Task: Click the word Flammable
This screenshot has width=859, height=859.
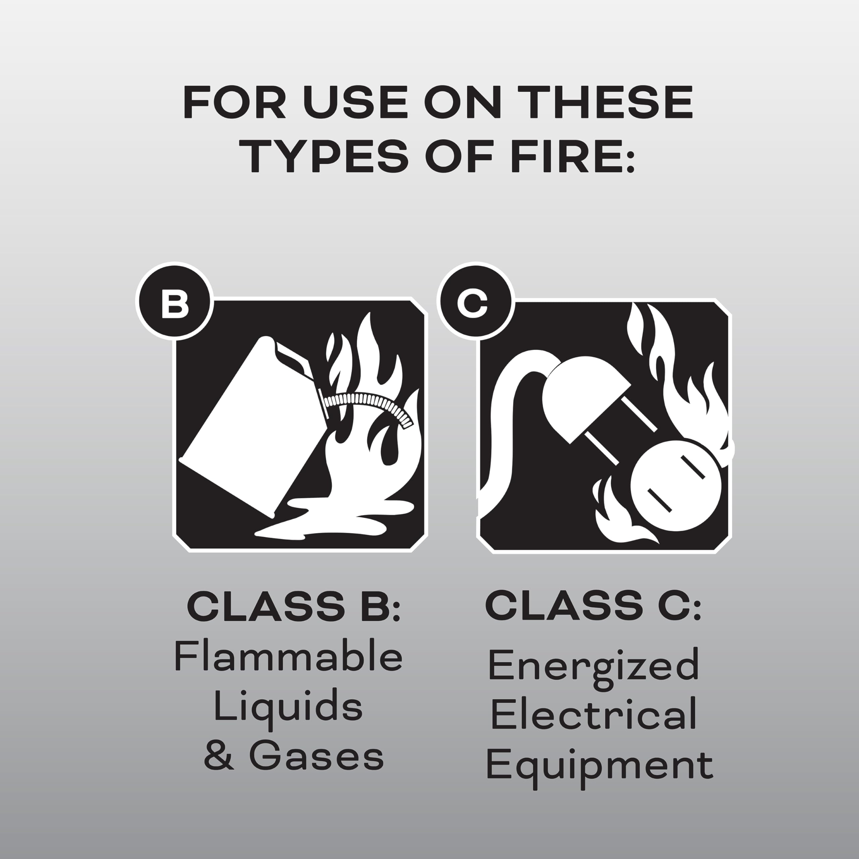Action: [288, 657]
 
